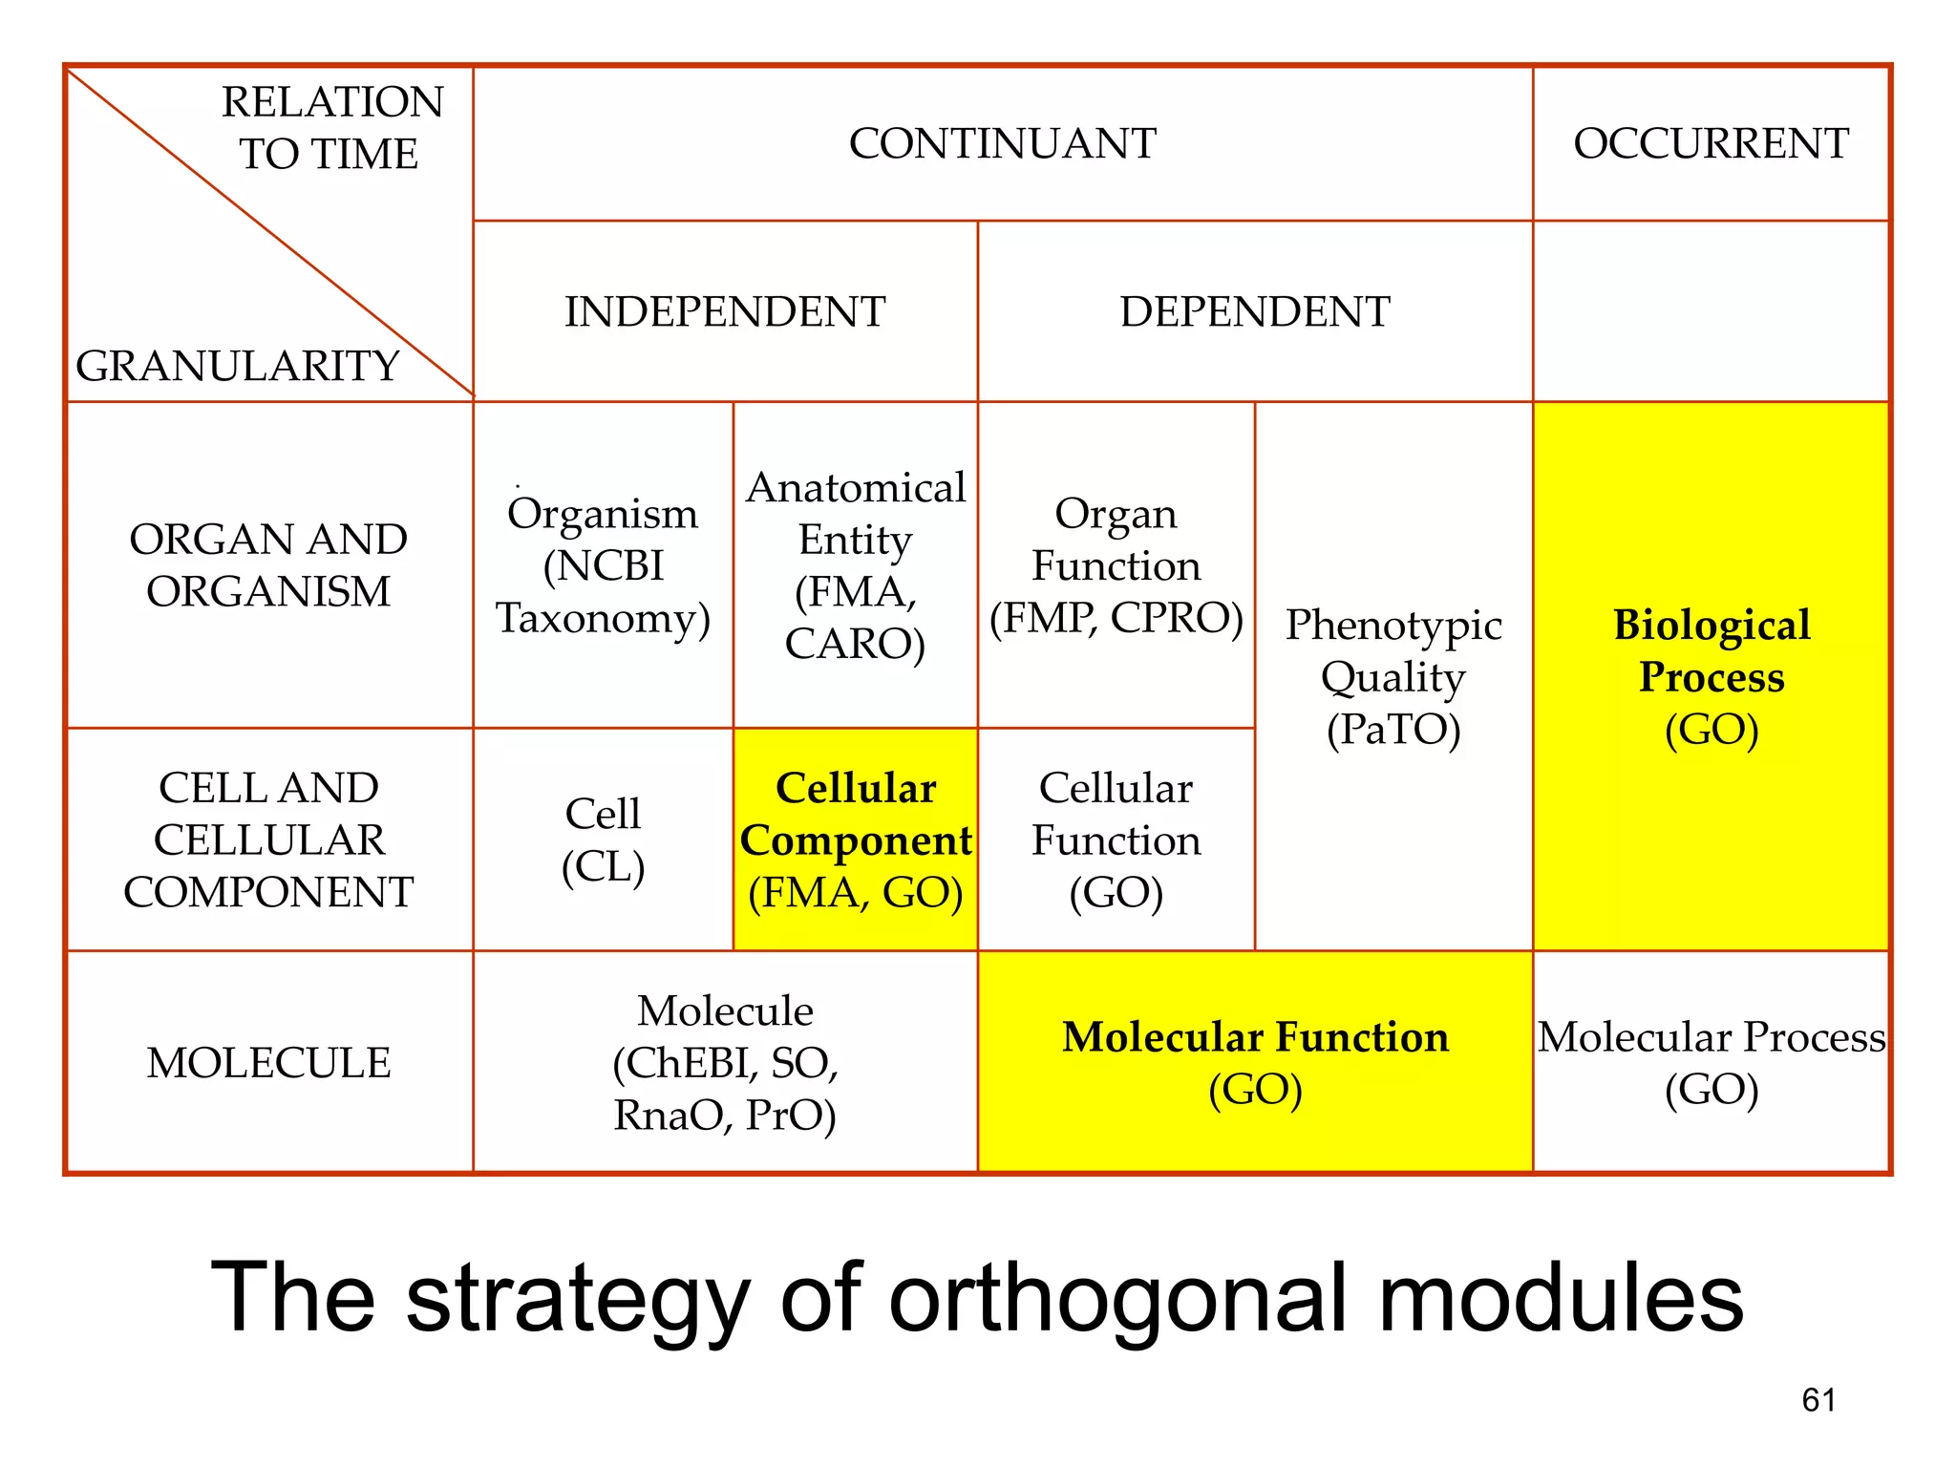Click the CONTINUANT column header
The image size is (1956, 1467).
coord(1002,144)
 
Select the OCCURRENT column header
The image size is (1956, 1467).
coord(1711,144)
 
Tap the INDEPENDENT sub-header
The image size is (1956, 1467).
coord(725,312)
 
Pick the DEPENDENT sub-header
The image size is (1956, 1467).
coord(1255,312)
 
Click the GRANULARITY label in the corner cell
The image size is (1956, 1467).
coord(237,366)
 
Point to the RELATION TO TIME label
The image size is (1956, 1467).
coord(331,128)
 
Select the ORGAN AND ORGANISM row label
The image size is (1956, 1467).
coord(268,565)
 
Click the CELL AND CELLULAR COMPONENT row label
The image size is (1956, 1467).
coord(268,840)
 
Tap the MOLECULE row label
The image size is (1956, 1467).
coord(268,1063)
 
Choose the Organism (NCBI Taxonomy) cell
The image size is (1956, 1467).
coord(603,565)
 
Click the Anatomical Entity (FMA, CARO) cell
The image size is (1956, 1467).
coord(856,565)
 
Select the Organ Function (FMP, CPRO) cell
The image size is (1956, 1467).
coord(1116,565)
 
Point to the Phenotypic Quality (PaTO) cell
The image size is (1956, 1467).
coord(1393,676)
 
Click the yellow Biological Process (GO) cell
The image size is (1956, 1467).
coord(1711,676)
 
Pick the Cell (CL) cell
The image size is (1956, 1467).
coord(603,840)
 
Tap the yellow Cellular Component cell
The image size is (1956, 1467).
coord(856,840)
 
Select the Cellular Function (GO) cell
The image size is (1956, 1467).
coord(1116,840)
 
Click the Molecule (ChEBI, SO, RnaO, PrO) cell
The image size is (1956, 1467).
coord(725,1063)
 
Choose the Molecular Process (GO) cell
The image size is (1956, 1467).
coord(1711,1063)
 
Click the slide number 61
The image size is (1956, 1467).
coord(1818,1400)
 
